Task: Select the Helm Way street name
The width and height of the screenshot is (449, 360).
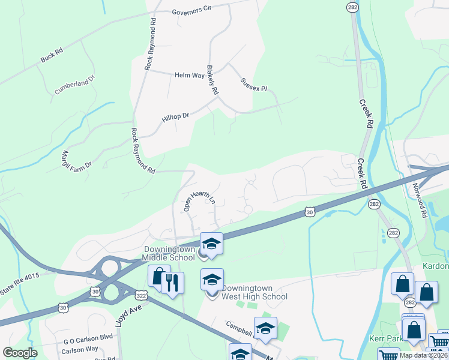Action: pyautogui.click(x=189, y=76)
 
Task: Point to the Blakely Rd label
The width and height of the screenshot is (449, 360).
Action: pyautogui.click(x=211, y=80)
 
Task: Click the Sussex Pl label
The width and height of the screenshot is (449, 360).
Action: pyautogui.click(x=253, y=85)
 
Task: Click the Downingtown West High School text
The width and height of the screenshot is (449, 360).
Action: pyautogui.click(x=254, y=292)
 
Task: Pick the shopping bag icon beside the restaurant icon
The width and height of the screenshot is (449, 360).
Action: pyautogui.click(x=158, y=277)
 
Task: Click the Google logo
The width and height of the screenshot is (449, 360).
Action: pyautogui.click(x=20, y=353)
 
